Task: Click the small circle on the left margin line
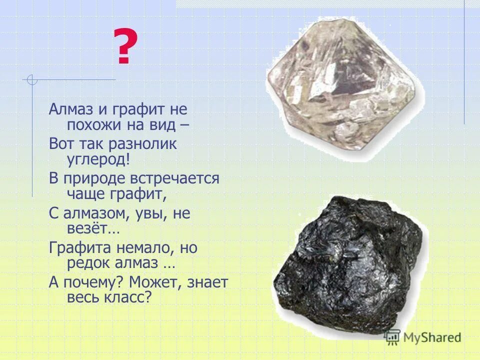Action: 32,79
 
